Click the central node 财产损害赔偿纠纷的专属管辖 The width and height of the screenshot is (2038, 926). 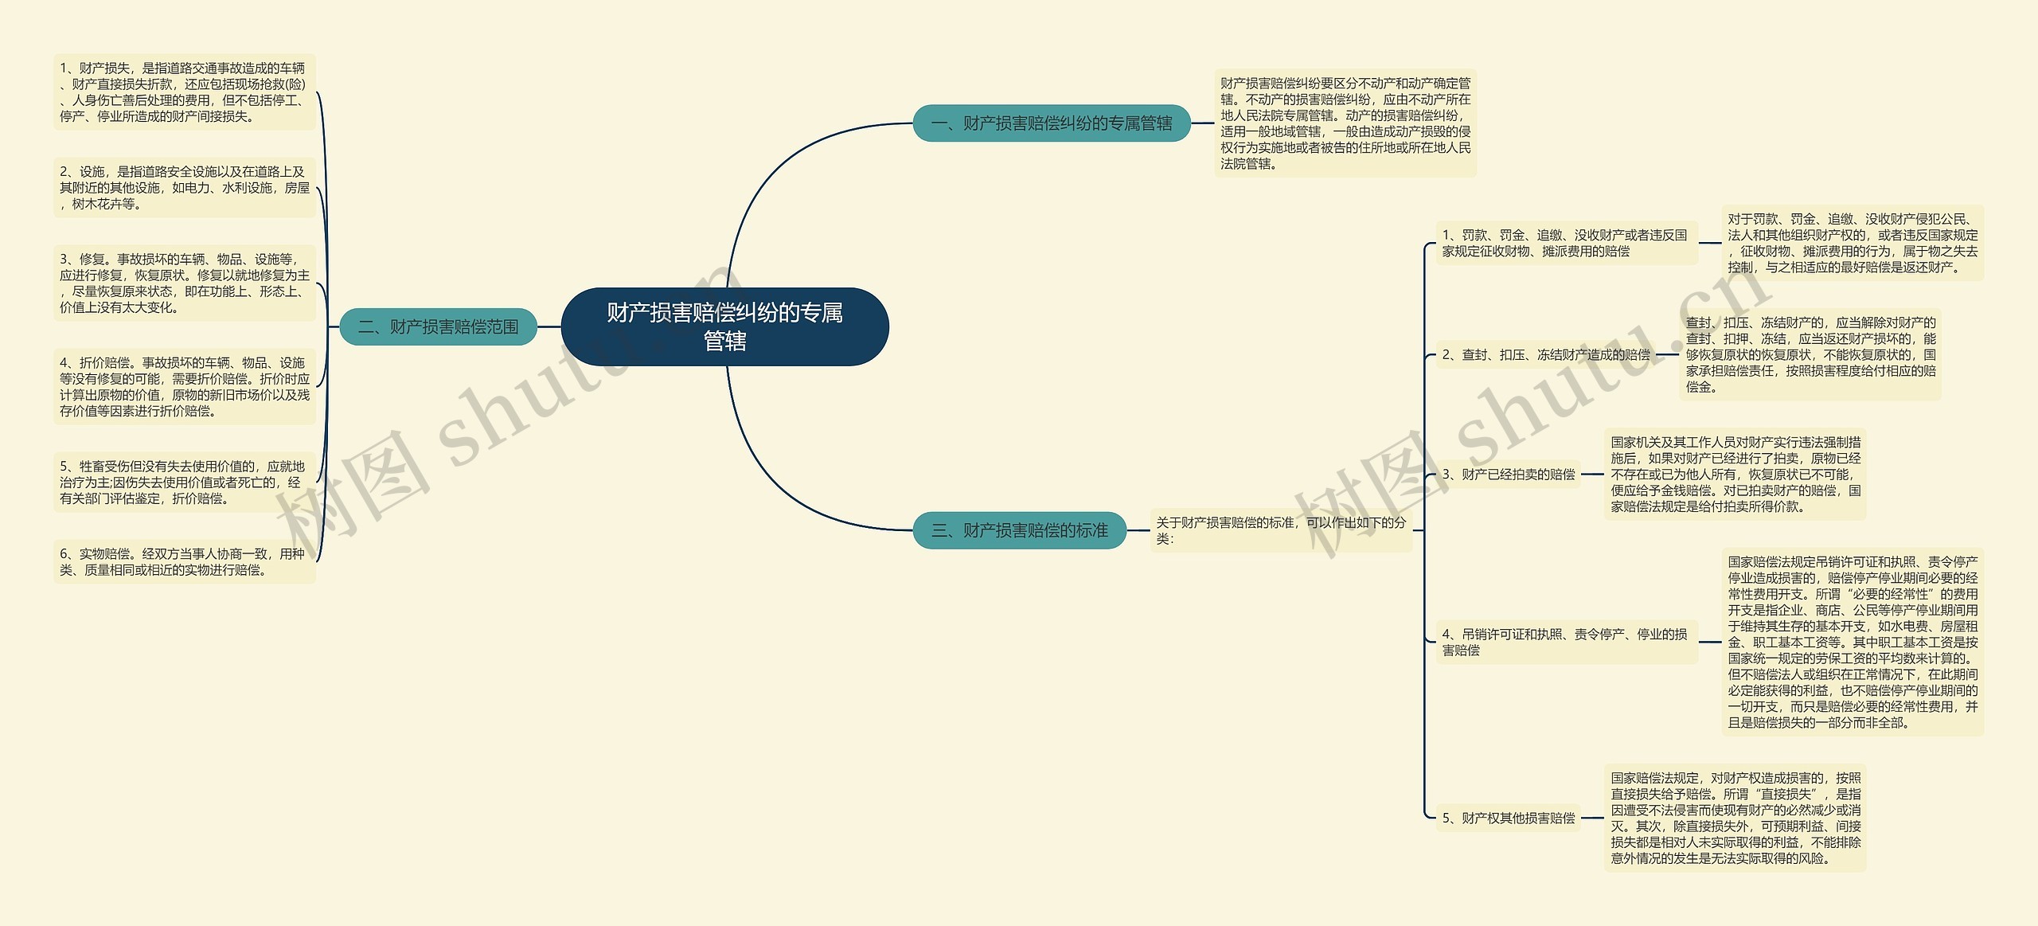[724, 326]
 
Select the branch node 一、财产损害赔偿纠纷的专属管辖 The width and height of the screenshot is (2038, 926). [1051, 123]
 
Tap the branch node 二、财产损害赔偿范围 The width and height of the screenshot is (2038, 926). [438, 326]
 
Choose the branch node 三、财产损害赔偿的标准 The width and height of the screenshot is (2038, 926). [1019, 530]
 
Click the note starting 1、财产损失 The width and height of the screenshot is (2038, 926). [184, 92]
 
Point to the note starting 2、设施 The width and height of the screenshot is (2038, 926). [184, 188]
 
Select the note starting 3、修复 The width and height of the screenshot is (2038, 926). [184, 283]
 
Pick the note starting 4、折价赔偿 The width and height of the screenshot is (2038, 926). [184, 387]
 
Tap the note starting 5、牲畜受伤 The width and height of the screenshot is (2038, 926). [184, 483]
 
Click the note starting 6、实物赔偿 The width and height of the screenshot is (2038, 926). [184, 562]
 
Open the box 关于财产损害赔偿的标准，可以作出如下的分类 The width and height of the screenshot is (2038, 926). [1280, 530]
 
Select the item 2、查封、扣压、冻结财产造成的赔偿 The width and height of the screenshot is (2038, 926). [1546, 355]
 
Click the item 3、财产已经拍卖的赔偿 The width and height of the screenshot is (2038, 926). [1508, 475]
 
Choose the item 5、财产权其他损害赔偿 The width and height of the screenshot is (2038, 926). [1508, 818]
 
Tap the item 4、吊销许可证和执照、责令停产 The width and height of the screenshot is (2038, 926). [1565, 642]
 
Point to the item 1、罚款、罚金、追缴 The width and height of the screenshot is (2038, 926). [1565, 243]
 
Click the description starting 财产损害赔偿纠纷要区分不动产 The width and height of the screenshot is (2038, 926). [1345, 123]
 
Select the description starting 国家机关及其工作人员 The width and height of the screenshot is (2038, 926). [1735, 475]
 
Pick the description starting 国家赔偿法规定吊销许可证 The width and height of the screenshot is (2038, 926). [1853, 642]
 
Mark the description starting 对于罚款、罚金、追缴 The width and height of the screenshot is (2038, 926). [1853, 243]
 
